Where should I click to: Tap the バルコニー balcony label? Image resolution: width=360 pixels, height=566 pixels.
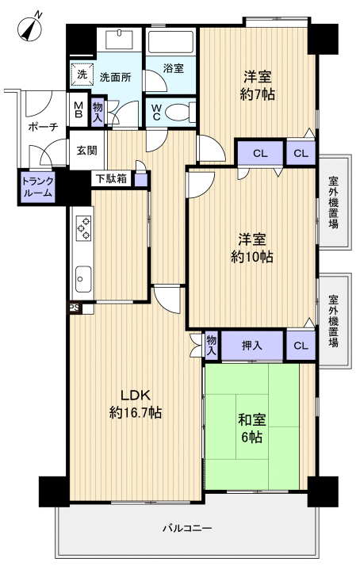point(186,529)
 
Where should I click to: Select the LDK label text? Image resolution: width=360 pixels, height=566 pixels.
point(135,396)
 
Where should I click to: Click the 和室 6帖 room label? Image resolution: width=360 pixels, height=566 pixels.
point(251,429)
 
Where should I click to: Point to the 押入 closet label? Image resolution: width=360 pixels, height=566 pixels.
point(251,346)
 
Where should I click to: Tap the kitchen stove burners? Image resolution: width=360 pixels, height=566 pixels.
point(83,227)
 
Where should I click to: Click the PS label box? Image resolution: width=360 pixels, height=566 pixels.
point(75,308)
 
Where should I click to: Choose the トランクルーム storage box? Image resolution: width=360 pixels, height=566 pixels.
point(37,187)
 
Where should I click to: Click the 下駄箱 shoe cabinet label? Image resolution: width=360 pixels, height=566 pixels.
point(112,178)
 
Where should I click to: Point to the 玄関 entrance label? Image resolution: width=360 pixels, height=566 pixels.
point(86,150)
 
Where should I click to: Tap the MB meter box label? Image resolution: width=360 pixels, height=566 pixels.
point(79,109)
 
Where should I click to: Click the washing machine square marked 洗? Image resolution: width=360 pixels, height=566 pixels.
point(82,75)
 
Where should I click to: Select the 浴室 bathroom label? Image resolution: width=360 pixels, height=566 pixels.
point(174,68)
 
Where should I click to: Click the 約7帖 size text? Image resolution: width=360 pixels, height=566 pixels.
point(258,94)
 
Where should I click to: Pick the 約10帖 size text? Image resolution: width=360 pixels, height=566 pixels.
point(252,257)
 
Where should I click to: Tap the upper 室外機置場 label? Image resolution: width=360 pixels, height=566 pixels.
point(334,202)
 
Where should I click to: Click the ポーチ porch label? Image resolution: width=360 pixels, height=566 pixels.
point(43,127)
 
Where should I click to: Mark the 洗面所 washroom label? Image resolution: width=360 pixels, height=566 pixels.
point(115,77)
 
